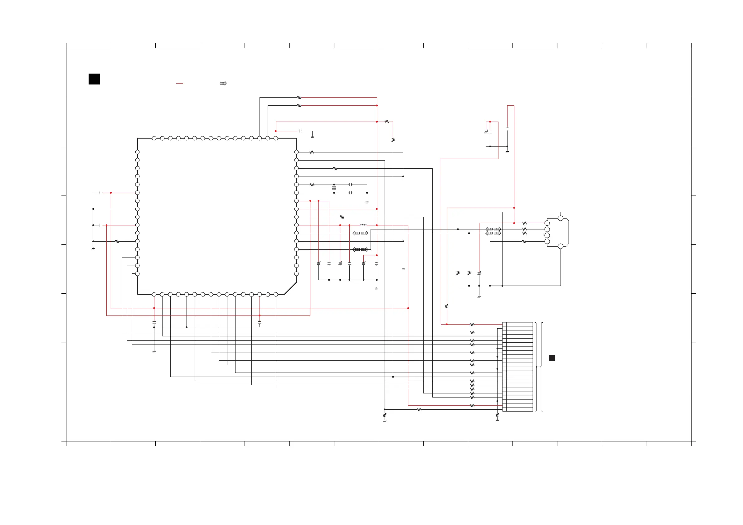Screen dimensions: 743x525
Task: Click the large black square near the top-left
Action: pos(94,79)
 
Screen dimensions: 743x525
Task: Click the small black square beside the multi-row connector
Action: pos(552,358)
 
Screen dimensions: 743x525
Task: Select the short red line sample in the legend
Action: pos(180,84)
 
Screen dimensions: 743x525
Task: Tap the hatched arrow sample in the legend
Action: pos(223,84)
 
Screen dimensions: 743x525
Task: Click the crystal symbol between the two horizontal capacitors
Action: pos(334,188)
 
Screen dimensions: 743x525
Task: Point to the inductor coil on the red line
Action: pos(363,225)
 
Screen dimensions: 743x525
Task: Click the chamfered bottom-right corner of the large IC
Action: pos(290,288)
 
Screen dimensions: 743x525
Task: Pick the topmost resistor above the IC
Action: pos(299,97)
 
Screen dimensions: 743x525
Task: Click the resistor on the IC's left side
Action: pos(117,241)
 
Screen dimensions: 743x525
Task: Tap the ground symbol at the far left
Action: pos(93,248)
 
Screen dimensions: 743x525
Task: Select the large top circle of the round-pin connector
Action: pos(561,218)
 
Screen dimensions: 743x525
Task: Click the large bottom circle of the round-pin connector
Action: pos(561,246)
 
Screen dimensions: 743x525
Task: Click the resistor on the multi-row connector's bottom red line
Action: pos(473,405)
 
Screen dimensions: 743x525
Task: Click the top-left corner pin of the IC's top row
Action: pos(154,138)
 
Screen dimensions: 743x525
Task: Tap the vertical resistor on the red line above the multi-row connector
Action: pos(447,306)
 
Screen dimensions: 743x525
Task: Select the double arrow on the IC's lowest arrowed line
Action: pos(360,249)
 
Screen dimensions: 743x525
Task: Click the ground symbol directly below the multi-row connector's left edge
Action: pos(498,420)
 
